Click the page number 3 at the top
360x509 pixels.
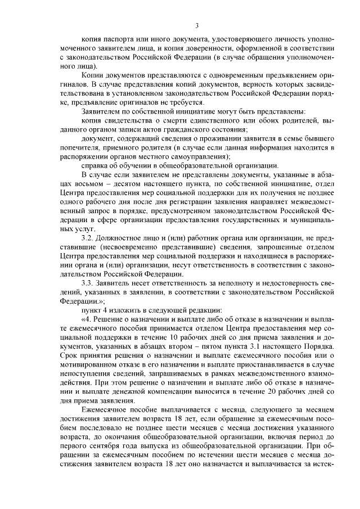(x=197, y=25)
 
